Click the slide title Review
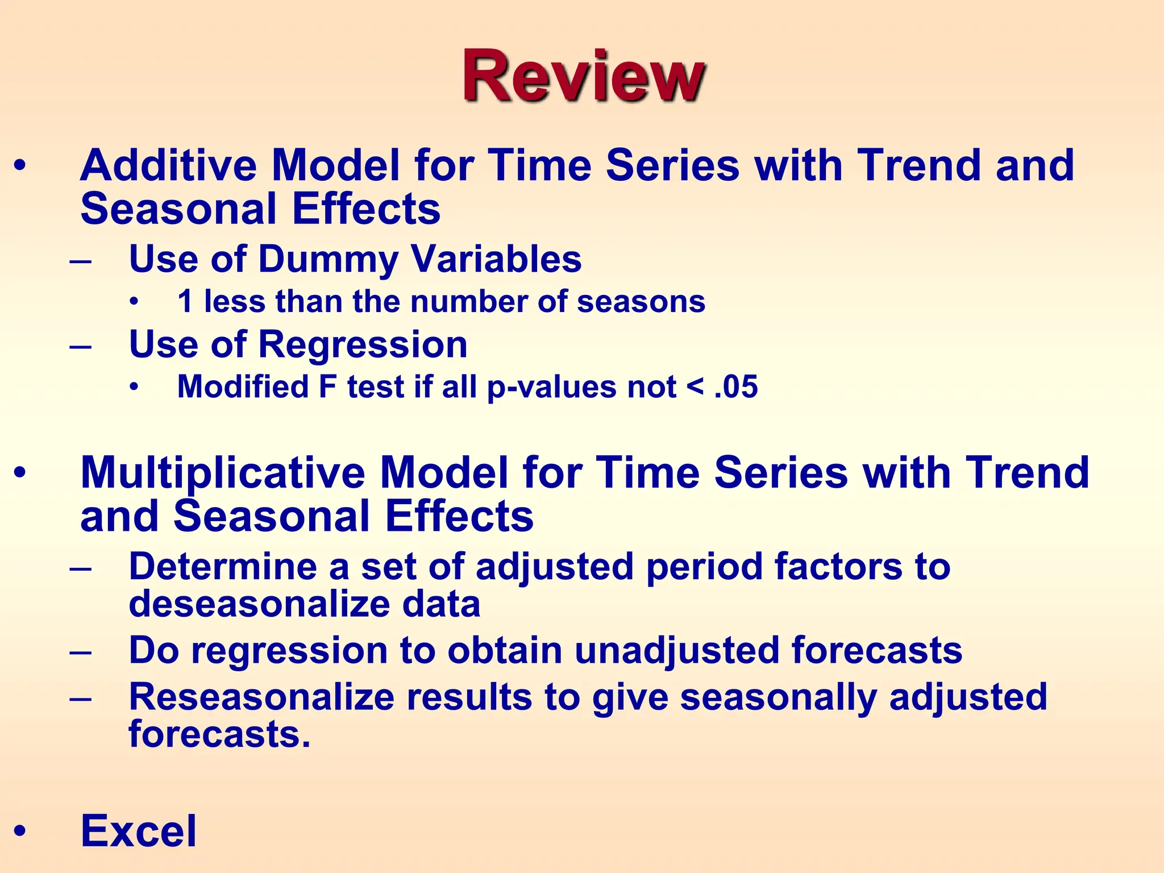click(x=583, y=77)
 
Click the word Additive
click(x=168, y=165)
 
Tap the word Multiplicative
click(x=223, y=473)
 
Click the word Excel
click(x=139, y=831)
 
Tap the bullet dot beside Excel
click(x=20, y=831)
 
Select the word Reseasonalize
click(x=261, y=697)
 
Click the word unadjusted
click(x=676, y=650)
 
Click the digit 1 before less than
click(x=185, y=301)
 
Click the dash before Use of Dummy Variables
click(x=81, y=261)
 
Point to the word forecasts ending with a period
click(x=219, y=734)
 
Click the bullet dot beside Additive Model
click(x=20, y=166)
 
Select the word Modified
click(x=243, y=387)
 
